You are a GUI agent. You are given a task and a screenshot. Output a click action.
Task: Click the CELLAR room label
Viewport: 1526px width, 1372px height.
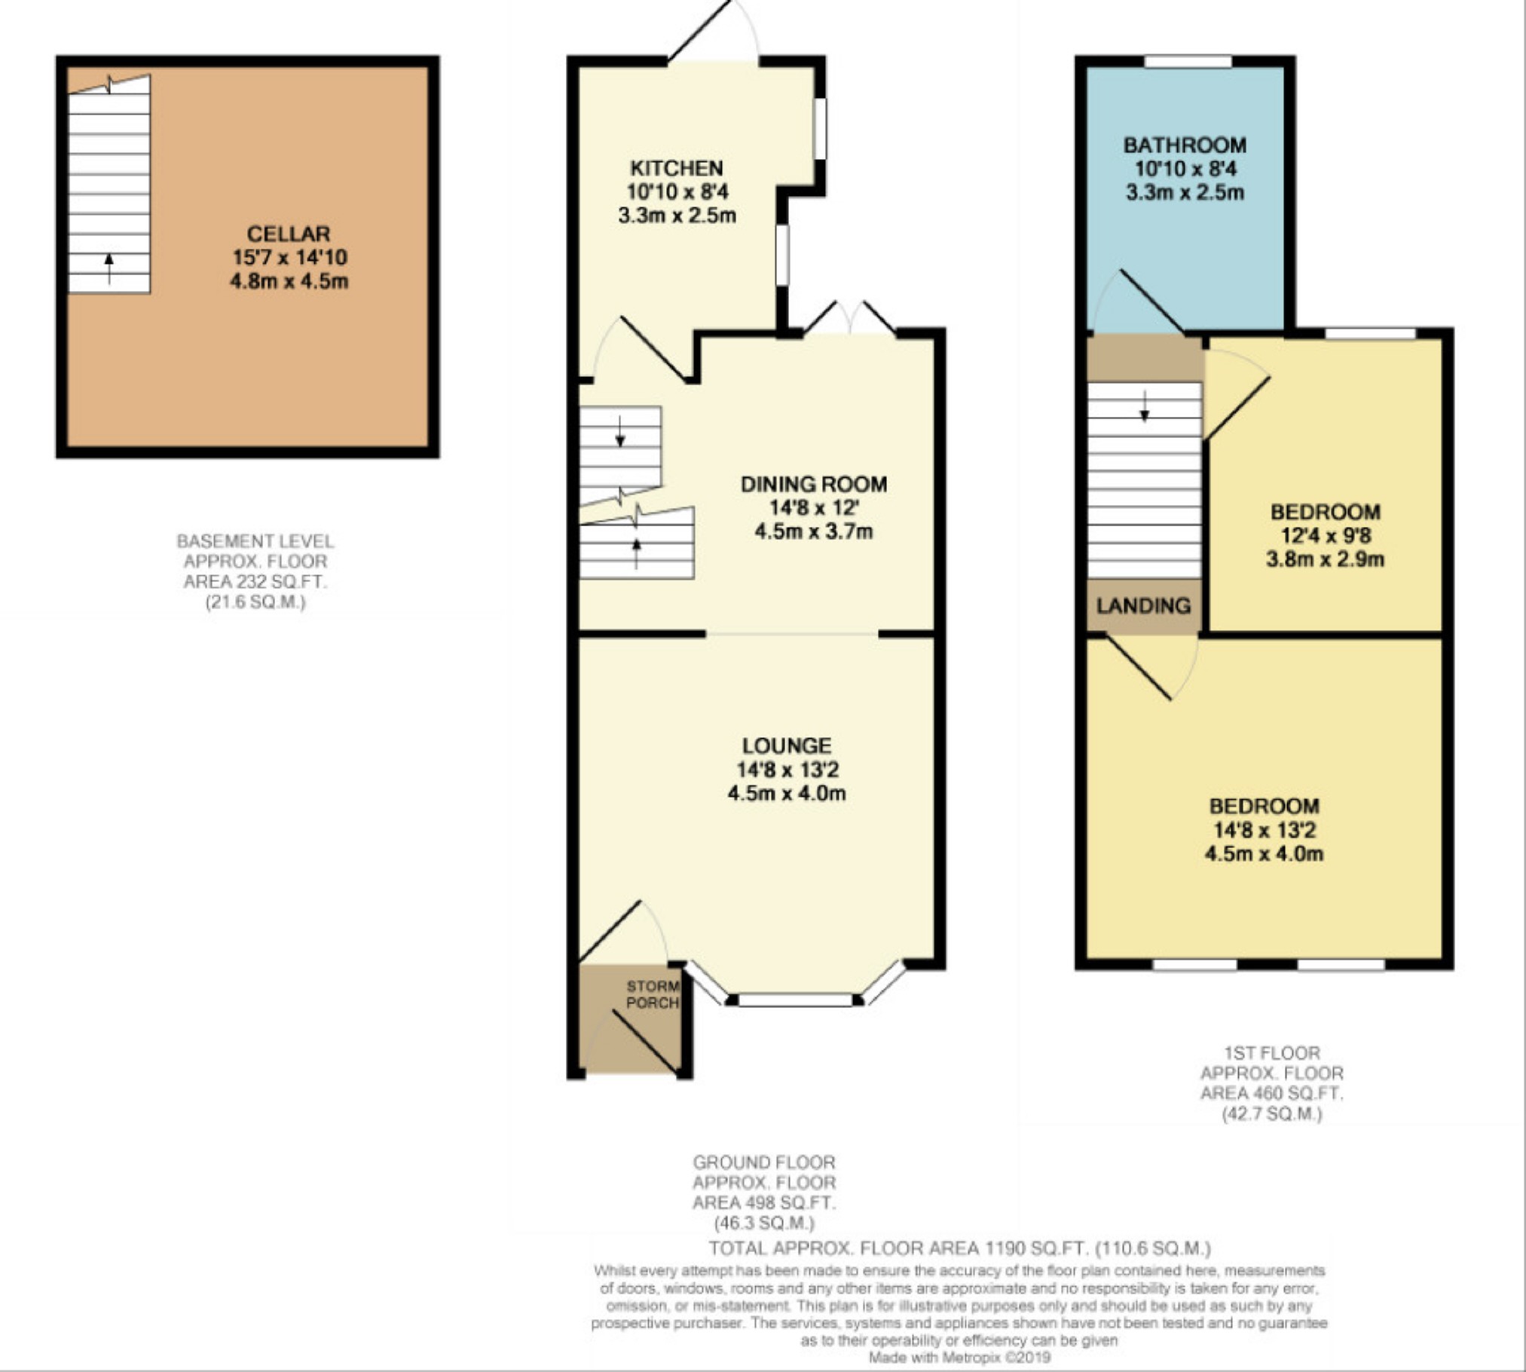point(289,234)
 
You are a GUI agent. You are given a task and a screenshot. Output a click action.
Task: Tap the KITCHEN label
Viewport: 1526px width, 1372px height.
point(676,168)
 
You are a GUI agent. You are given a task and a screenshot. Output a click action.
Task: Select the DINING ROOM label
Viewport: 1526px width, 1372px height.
point(814,484)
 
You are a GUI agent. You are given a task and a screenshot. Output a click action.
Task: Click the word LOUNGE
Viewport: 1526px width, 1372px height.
point(787,746)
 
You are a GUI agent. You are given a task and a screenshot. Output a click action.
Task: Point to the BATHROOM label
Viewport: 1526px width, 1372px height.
point(1185,145)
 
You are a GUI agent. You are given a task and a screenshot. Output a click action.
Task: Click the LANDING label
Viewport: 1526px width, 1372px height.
point(1143,605)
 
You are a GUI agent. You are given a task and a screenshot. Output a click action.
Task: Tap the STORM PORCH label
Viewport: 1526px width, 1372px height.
point(653,994)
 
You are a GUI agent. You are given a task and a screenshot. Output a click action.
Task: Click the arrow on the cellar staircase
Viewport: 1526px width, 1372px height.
point(109,268)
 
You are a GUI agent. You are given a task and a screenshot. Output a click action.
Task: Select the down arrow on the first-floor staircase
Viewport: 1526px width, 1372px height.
point(1145,406)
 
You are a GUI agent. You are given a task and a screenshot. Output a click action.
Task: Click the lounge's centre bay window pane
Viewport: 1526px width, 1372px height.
point(795,1000)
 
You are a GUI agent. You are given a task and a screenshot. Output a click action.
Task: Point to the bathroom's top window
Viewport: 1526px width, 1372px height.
point(1188,61)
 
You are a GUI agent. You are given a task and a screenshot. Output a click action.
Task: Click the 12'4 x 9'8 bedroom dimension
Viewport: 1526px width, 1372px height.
point(1326,536)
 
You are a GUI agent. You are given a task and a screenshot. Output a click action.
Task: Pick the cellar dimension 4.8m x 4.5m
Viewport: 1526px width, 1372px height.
point(289,281)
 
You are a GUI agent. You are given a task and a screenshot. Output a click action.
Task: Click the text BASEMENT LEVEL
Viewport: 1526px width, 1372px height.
point(255,541)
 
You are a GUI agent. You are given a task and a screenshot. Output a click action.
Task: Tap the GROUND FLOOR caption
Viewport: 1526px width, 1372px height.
point(764,1162)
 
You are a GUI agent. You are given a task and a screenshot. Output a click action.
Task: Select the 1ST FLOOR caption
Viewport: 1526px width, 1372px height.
point(1272,1053)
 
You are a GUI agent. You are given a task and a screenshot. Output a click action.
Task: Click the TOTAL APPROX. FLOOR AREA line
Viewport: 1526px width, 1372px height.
point(959,1248)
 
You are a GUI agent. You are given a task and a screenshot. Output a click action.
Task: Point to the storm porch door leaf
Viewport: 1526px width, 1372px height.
point(644,1042)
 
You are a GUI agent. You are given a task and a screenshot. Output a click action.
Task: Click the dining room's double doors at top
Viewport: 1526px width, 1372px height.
point(850,317)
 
